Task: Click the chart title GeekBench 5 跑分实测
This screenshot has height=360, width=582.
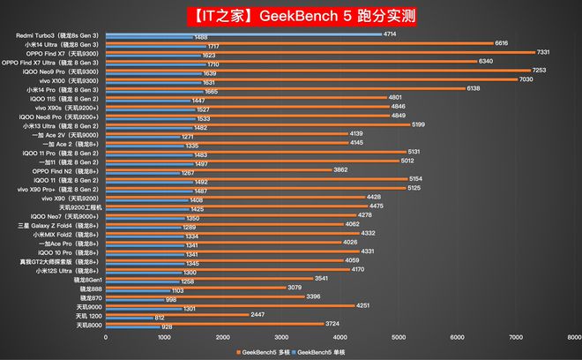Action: point(291,15)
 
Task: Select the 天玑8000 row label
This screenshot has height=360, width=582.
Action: point(89,325)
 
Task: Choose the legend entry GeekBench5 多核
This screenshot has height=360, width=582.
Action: point(265,352)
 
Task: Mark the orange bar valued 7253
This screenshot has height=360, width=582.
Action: point(318,70)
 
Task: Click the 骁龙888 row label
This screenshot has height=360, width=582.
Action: point(91,289)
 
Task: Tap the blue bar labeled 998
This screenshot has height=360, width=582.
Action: point(134,300)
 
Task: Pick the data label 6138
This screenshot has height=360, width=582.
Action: point(473,88)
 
